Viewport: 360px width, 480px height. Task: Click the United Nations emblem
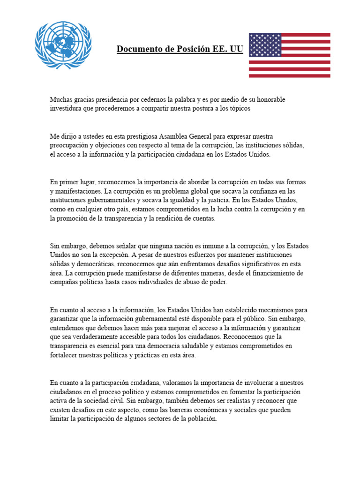[63, 45]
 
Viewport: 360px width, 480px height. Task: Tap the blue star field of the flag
[265, 45]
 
